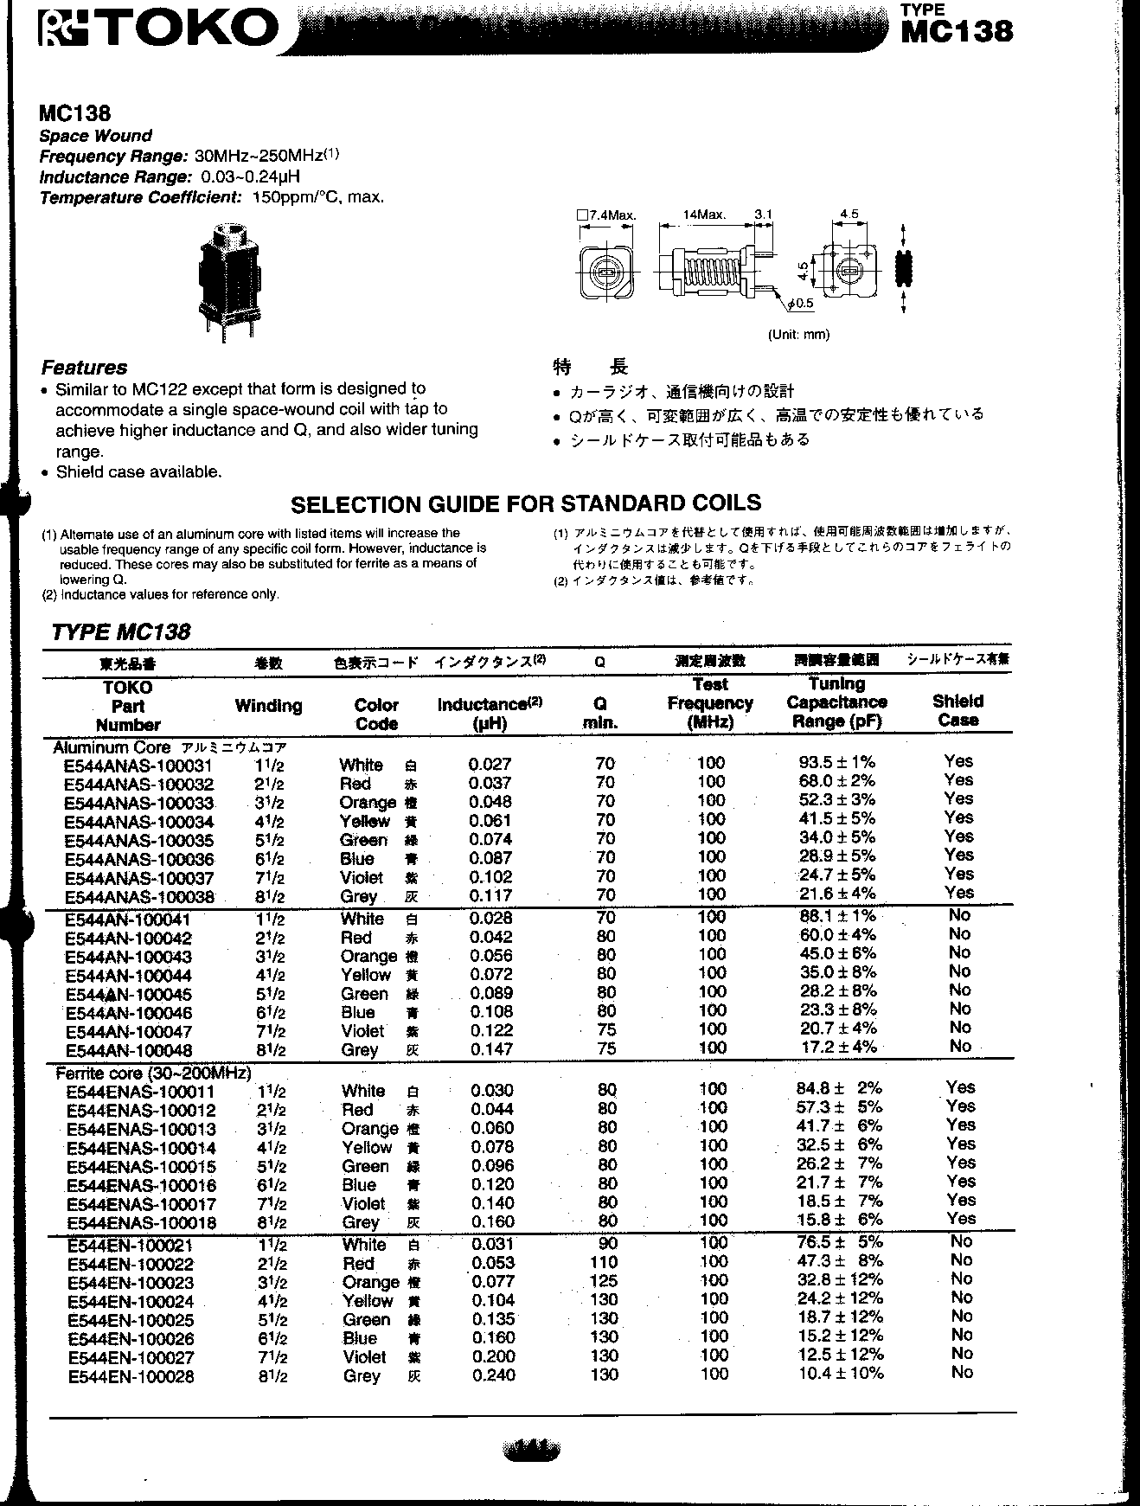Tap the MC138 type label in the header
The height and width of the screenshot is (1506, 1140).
(x=956, y=30)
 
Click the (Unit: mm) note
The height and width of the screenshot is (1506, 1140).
(x=798, y=335)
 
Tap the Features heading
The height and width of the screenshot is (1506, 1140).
(x=84, y=368)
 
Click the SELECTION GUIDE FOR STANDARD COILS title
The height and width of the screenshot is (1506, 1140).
(x=526, y=503)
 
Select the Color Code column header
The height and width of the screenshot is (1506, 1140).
(x=376, y=715)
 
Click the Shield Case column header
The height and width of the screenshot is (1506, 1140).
(x=958, y=710)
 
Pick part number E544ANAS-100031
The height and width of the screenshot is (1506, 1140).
(x=138, y=766)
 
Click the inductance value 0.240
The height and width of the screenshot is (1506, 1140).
(x=493, y=1375)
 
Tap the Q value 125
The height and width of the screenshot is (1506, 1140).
(x=603, y=1281)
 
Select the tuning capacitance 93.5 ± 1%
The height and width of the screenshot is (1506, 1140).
(x=836, y=762)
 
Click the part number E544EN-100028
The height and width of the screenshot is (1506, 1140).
(x=131, y=1376)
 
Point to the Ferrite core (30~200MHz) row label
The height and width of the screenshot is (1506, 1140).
(x=153, y=1073)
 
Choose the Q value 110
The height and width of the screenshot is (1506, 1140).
(x=603, y=1262)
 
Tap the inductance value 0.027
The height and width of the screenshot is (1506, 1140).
(x=490, y=764)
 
